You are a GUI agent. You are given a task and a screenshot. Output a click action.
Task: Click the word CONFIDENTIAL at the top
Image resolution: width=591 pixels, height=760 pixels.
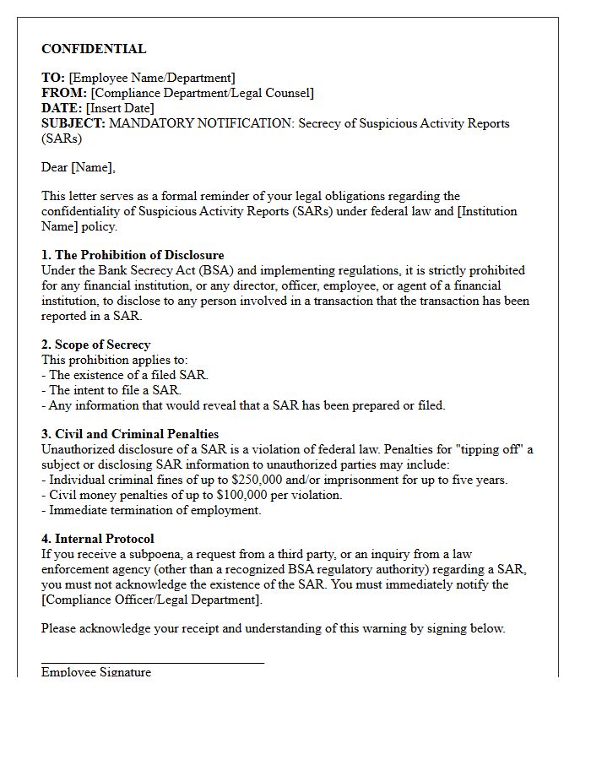tap(94, 49)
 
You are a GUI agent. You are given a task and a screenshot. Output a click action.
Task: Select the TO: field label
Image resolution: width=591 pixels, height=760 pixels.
tap(53, 78)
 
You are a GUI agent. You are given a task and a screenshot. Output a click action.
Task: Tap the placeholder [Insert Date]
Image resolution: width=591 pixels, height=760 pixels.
tap(120, 108)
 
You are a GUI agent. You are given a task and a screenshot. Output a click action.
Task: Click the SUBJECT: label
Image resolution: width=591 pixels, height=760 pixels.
tap(73, 123)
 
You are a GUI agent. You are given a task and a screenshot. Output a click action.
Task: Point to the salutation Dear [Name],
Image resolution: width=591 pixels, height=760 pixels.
tap(79, 167)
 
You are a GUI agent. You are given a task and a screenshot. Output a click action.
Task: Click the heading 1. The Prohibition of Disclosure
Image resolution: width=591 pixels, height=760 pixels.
tap(133, 255)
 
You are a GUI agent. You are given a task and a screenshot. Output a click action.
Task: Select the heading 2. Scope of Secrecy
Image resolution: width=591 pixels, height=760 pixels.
tap(96, 345)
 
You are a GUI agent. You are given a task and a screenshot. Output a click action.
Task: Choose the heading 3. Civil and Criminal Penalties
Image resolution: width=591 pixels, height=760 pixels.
tap(130, 434)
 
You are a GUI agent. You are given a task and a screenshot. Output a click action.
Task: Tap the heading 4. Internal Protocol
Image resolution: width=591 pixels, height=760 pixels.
tap(98, 539)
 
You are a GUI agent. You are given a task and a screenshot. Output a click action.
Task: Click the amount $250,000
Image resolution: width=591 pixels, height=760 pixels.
tap(256, 480)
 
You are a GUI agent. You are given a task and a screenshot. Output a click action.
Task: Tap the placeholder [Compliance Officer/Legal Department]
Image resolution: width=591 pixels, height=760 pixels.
tap(152, 600)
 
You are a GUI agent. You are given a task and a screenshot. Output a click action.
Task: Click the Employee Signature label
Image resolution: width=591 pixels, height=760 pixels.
tap(96, 672)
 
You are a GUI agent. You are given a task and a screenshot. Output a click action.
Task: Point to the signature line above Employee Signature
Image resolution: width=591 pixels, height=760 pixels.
tap(153, 663)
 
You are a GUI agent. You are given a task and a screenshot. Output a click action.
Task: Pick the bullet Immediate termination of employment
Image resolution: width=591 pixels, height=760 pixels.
tap(155, 510)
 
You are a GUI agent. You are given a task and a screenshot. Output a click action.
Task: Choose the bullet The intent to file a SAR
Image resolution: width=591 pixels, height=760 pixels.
tap(115, 390)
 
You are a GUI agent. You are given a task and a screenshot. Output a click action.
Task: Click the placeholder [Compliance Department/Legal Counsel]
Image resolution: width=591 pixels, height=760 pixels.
tap(203, 93)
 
